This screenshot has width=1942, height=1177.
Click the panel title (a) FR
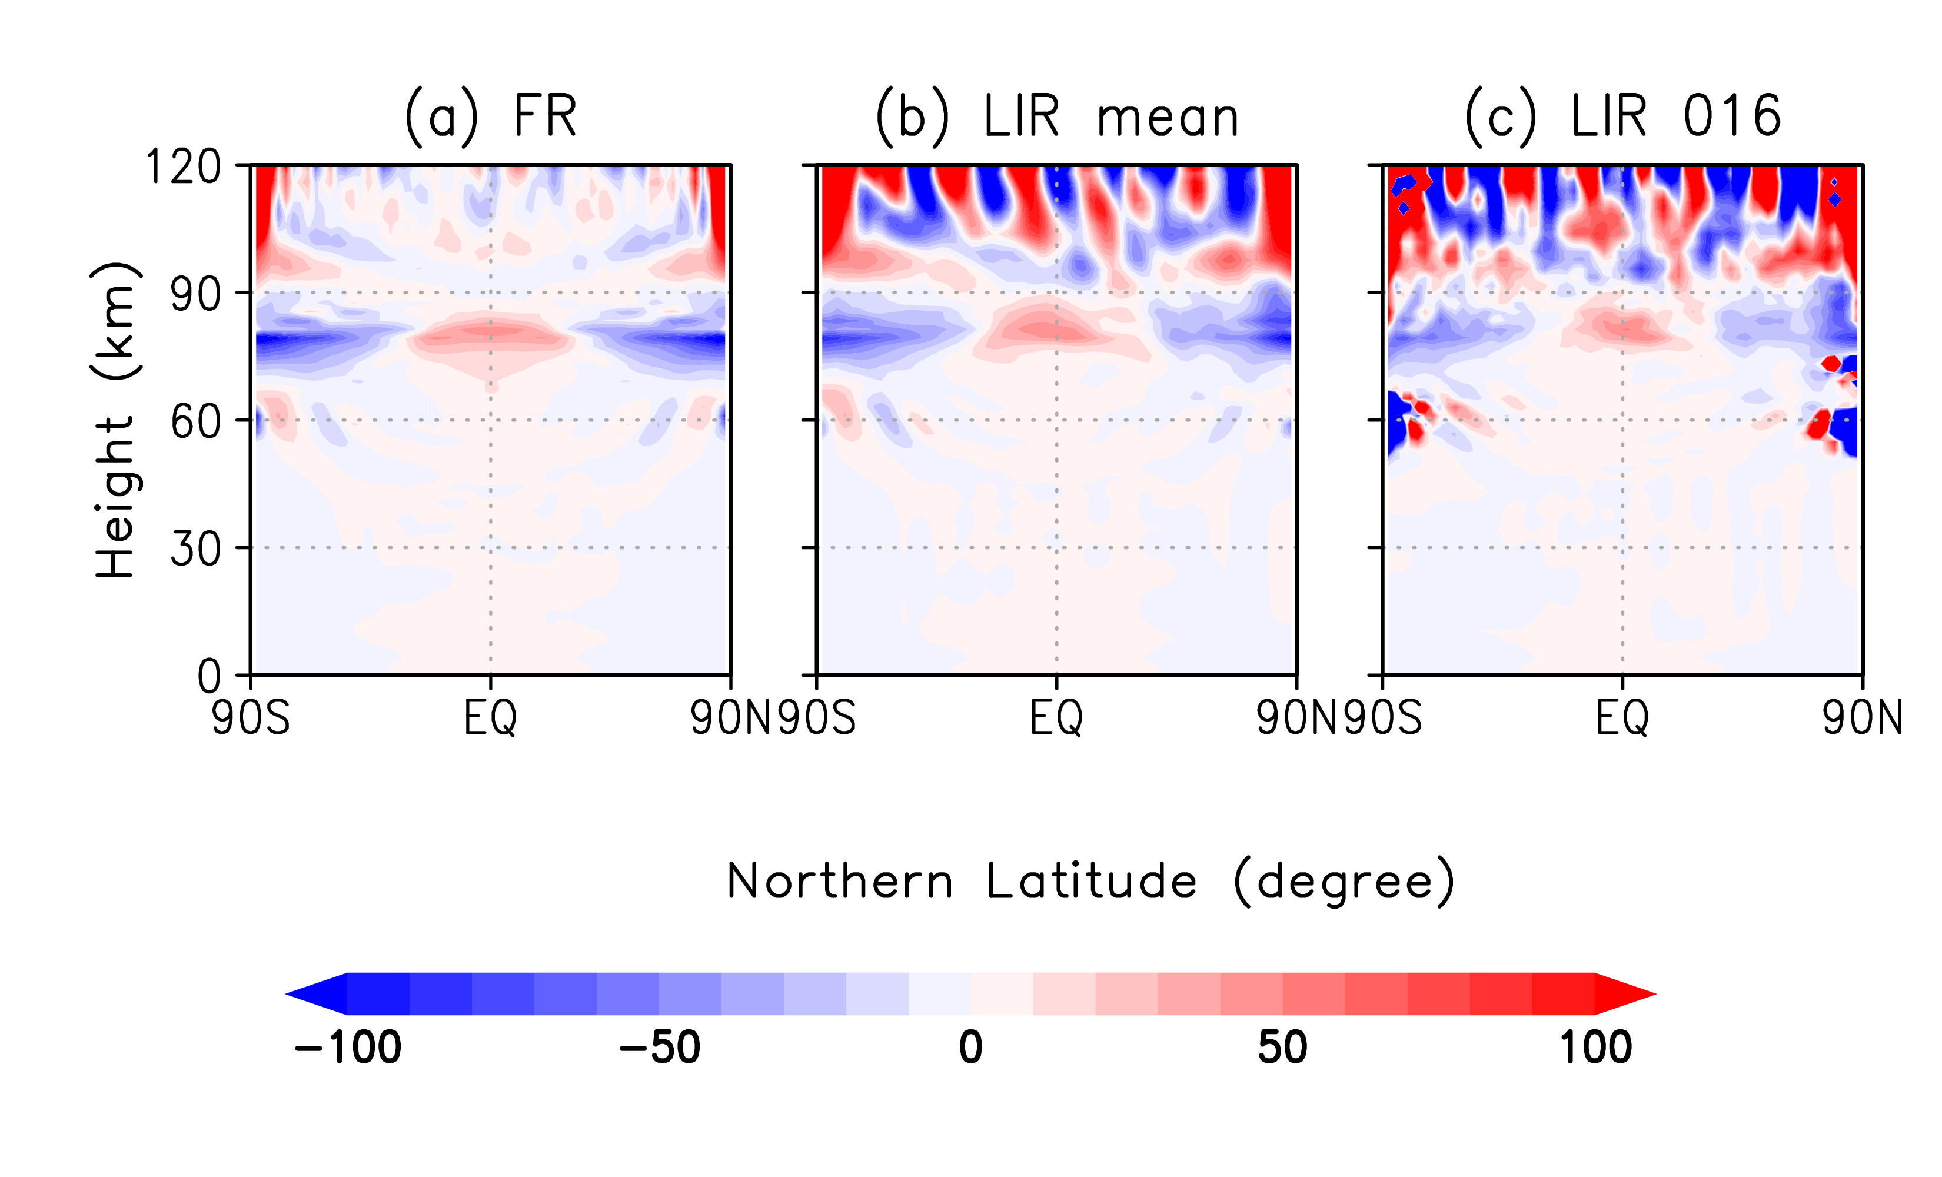[x=490, y=117]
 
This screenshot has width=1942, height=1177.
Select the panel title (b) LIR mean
[x=1057, y=117]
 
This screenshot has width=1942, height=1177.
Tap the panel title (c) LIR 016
[x=1623, y=117]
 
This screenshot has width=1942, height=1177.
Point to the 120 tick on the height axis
[x=184, y=167]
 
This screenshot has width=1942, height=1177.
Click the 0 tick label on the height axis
[x=209, y=676]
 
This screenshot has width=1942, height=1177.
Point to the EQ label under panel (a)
[x=490, y=718]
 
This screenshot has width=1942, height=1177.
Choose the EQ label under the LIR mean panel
[x=1057, y=718]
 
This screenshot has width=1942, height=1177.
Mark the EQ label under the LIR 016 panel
[x=1623, y=718]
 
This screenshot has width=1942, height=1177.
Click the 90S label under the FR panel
[x=251, y=718]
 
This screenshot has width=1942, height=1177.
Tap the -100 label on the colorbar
[x=348, y=1048]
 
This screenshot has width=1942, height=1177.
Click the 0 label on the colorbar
[x=971, y=1048]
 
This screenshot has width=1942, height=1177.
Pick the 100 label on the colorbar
[x=1596, y=1048]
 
